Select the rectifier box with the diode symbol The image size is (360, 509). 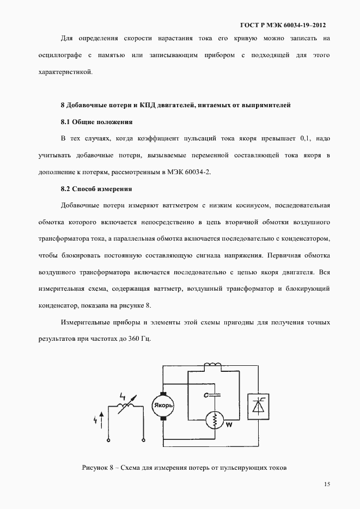[x=257, y=405]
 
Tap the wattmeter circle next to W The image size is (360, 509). [x=215, y=420]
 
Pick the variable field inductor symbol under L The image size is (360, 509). [x=127, y=404]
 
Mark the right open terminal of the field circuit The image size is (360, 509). [x=143, y=439]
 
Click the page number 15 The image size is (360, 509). [x=327, y=484]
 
